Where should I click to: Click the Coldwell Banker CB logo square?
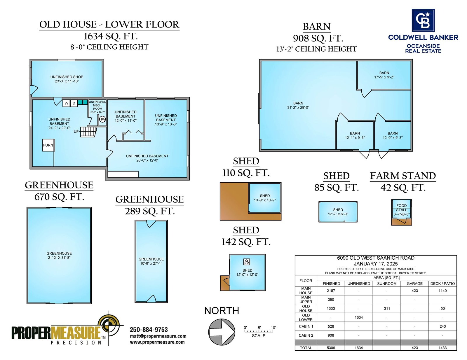tap(423, 20)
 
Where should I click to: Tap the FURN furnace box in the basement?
tap(48, 145)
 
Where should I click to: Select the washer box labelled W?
tap(67, 103)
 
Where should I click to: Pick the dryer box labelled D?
tap(74, 103)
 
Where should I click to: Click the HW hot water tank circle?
tap(102, 119)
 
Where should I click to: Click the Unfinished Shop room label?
tap(67, 79)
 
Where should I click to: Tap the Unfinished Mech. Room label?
tap(97, 107)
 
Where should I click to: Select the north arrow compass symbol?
tap(222, 332)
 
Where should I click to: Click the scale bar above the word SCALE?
tap(259, 331)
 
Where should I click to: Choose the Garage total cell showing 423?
tap(414, 348)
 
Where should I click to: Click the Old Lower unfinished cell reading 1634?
tap(358, 317)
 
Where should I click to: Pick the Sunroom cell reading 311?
tap(387, 308)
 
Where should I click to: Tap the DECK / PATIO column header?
tap(442, 284)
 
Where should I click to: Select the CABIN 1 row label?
tap(306, 326)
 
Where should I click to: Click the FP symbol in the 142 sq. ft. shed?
tap(247, 262)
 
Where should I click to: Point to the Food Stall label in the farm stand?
tap(401, 208)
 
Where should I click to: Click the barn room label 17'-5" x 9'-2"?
tap(384, 77)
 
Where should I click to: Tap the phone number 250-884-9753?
tap(149, 329)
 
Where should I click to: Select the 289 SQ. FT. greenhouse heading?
tap(150, 211)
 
